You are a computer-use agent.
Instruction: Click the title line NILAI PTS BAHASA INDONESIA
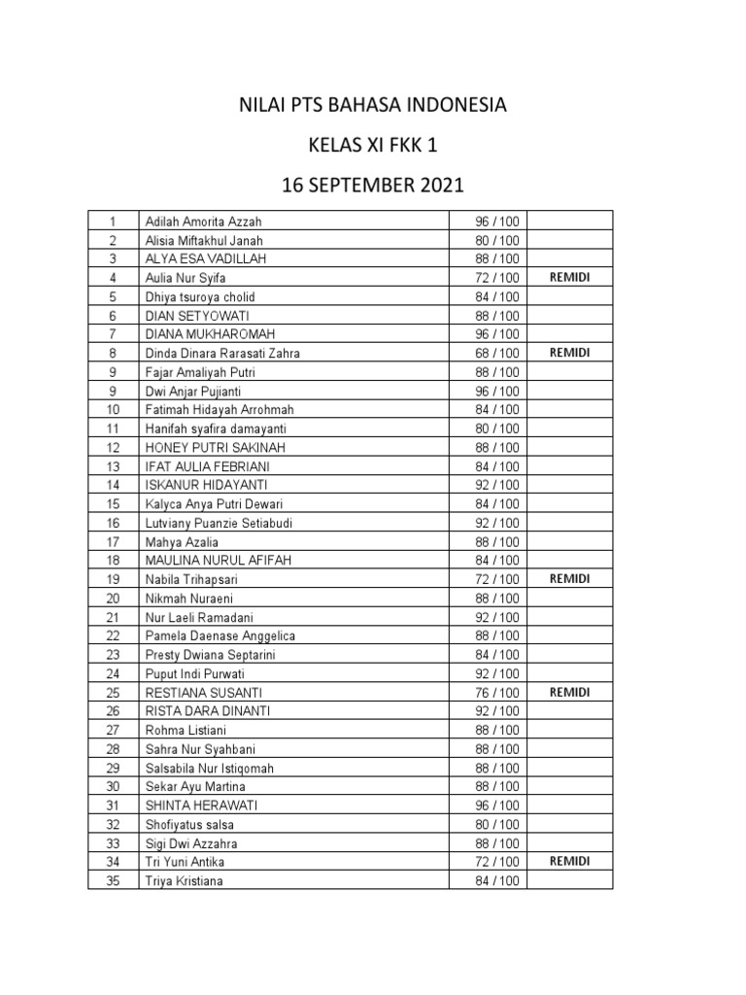tap(373, 104)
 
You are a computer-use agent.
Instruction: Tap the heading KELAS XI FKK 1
tap(373, 145)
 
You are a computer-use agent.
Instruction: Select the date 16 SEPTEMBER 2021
tap(373, 185)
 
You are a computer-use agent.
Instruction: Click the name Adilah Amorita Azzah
tap(203, 222)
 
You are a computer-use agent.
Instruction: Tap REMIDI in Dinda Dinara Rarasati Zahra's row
tap(569, 353)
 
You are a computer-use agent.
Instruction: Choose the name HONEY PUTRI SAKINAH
tap(215, 447)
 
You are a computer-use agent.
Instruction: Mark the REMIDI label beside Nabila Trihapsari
tap(569, 578)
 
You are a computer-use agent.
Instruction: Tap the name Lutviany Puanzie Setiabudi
tap(219, 523)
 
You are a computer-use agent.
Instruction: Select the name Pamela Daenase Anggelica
tap(220, 635)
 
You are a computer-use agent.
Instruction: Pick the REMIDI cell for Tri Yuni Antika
tap(569, 861)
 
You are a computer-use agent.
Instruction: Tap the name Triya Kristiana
tap(186, 881)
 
